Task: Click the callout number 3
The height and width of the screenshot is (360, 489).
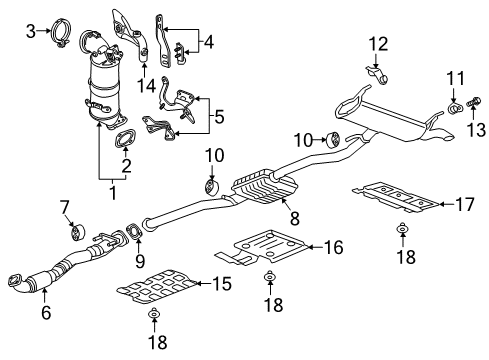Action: coord(30,31)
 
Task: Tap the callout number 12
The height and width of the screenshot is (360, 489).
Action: coord(377,43)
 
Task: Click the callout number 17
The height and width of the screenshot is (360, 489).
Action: coord(465,205)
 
